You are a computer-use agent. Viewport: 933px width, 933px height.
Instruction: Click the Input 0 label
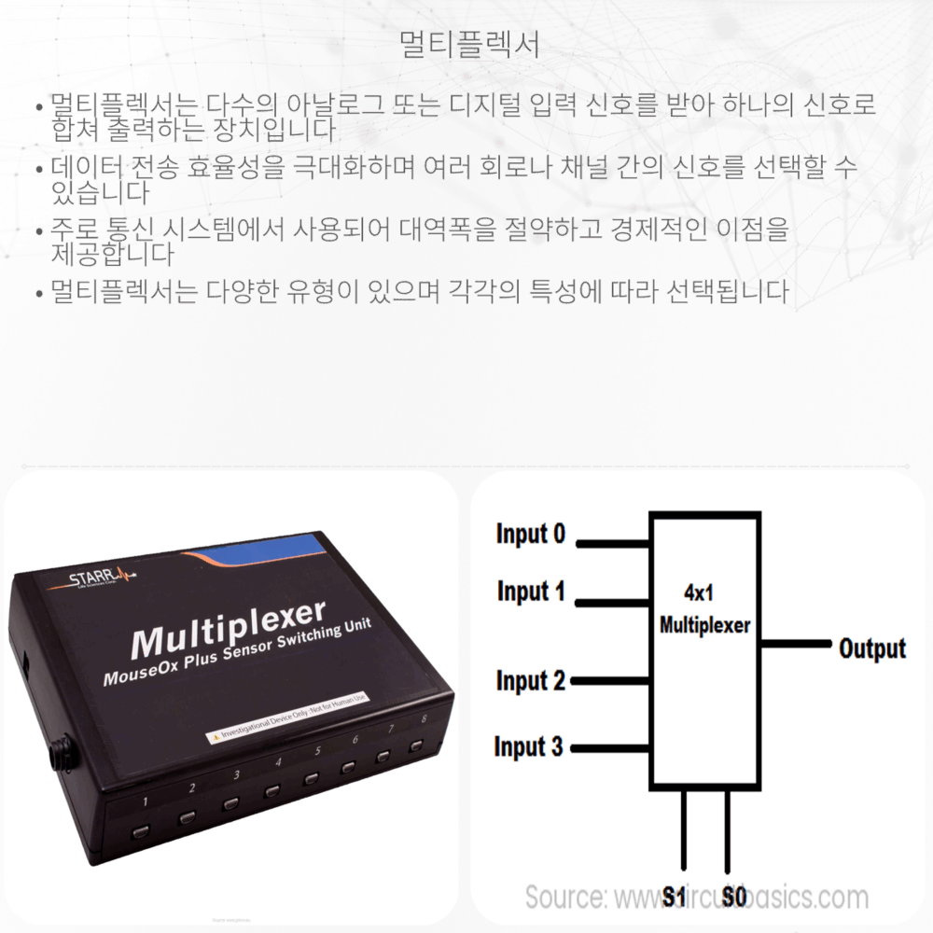(x=530, y=535)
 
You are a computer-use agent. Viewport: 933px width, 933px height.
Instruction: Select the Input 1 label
(x=530, y=592)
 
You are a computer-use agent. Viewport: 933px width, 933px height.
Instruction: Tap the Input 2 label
(x=530, y=681)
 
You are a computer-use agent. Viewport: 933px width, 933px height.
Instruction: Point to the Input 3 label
(x=528, y=747)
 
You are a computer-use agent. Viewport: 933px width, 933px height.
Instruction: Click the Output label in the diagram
(x=871, y=648)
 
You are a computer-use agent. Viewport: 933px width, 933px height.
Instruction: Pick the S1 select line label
(x=675, y=898)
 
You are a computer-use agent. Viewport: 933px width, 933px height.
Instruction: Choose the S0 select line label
(x=733, y=898)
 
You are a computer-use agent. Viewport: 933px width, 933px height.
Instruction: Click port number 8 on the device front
(x=425, y=719)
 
